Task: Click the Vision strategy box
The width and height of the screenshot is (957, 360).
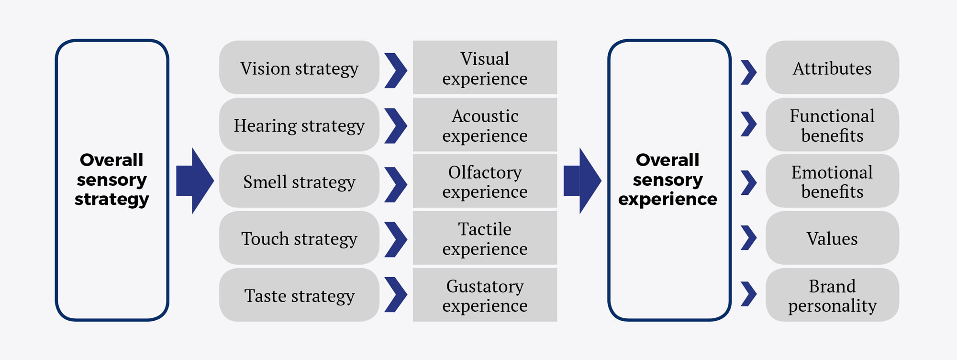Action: (x=299, y=67)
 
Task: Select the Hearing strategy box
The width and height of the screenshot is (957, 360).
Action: (x=299, y=125)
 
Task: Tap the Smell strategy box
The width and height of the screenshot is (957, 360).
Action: (x=299, y=181)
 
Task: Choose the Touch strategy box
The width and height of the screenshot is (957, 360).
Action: (x=299, y=238)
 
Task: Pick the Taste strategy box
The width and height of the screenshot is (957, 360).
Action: (x=299, y=295)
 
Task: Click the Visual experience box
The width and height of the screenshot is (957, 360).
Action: (x=485, y=67)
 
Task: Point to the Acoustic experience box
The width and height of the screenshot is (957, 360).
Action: (x=485, y=125)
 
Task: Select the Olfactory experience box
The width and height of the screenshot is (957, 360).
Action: (x=485, y=181)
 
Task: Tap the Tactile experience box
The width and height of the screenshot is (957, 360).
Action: (x=485, y=238)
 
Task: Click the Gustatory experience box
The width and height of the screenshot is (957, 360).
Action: (x=485, y=295)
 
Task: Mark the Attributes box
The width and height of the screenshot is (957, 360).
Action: (x=832, y=67)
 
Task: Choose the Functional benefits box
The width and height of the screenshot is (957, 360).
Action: (x=832, y=125)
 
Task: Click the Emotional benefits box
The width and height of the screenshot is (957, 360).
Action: (x=832, y=181)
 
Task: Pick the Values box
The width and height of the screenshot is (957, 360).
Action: (x=832, y=238)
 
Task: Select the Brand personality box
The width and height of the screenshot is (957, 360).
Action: (x=832, y=295)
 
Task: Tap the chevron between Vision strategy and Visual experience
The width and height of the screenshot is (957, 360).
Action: (x=396, y=70)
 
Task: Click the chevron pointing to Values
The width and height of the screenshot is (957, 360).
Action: (x=749, y=237)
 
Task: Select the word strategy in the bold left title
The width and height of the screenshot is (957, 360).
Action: (x=111, y=199)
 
